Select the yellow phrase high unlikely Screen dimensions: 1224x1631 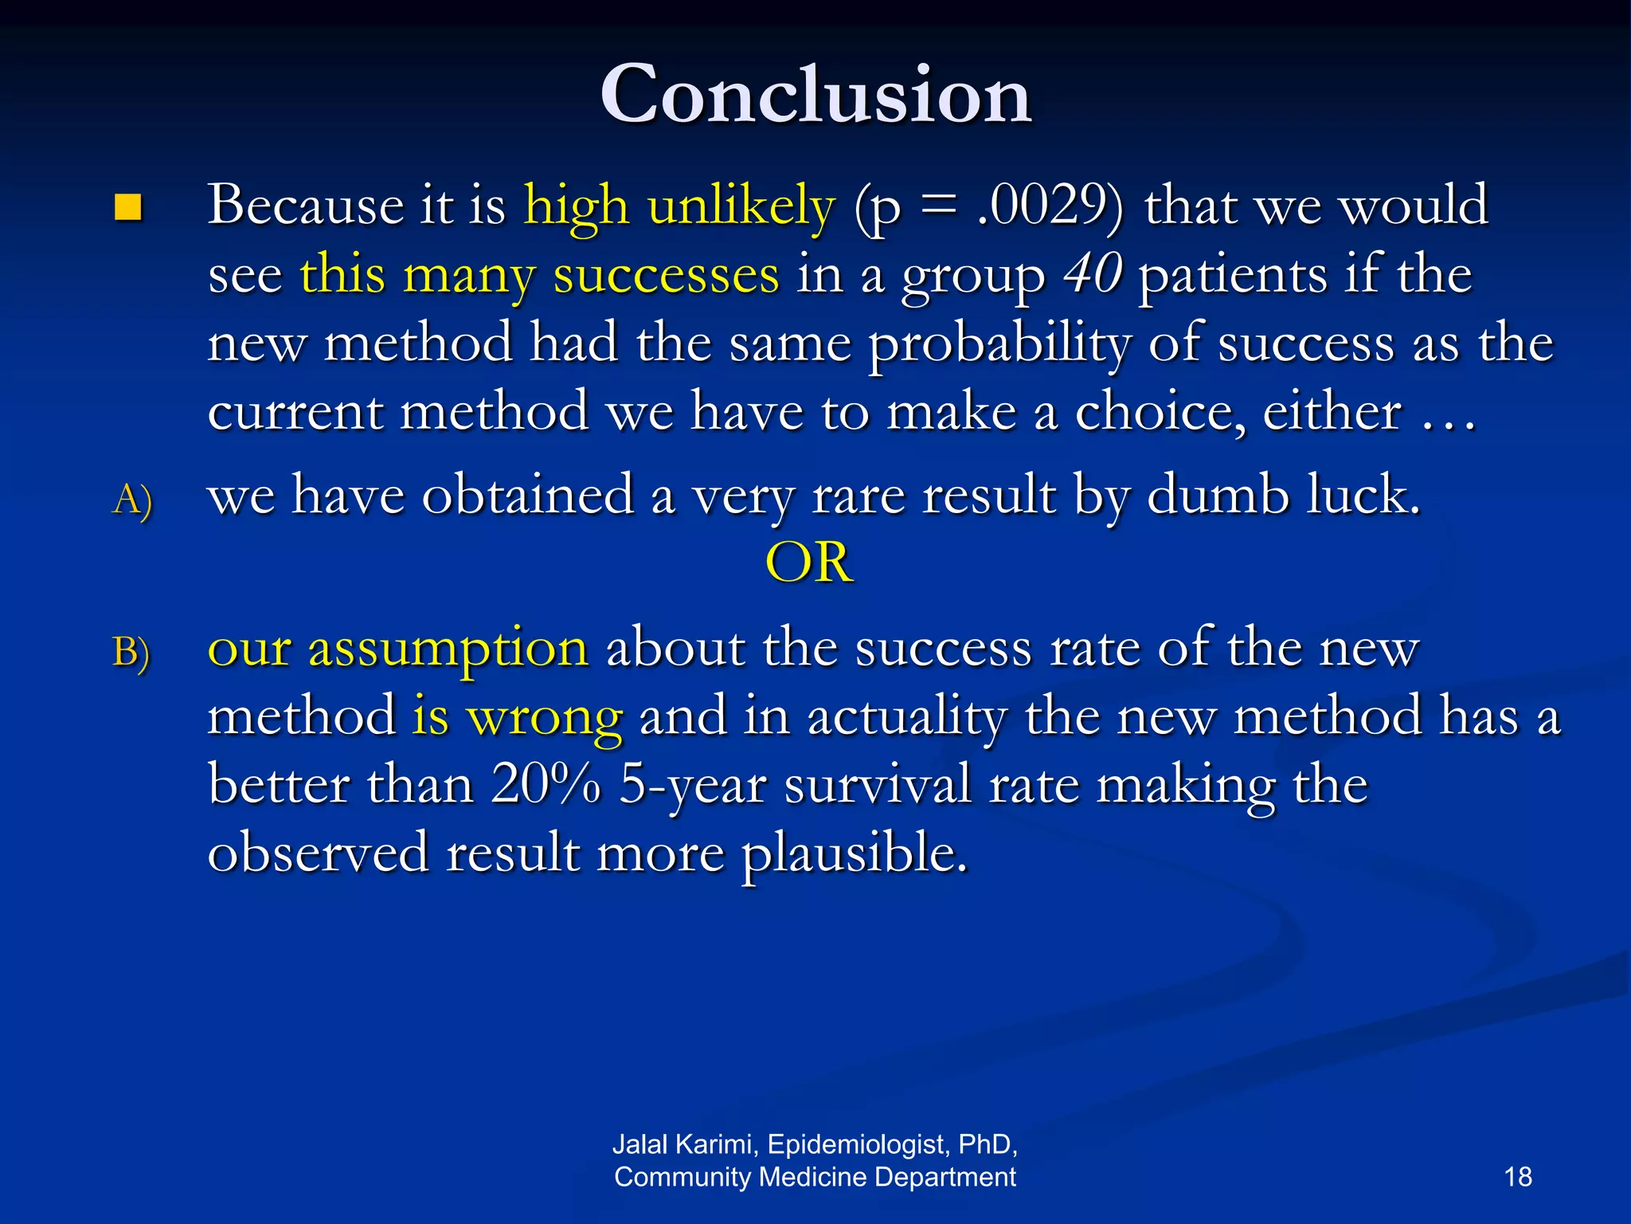(679, 206)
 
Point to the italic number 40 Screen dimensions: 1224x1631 (1093, 274)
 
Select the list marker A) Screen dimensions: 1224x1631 (132, 500)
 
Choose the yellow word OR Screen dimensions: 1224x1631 (809, 563)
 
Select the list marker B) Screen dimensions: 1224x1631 (131, 652)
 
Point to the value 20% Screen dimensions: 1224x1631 (546, 784)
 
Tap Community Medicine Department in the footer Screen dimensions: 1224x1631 (815, 1177)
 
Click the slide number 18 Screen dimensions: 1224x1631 (1517, 1177)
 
